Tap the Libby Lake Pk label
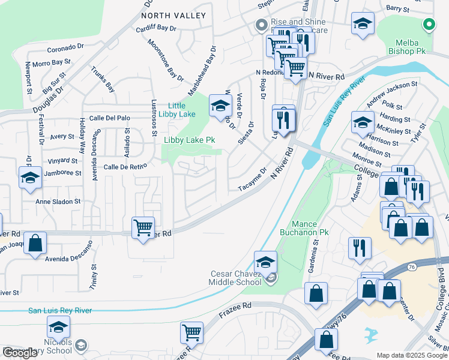click(x=190, y=140)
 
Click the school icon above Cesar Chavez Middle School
click(x=265, y=263)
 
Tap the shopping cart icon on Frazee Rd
click(x=191, y=332)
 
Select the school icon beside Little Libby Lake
click(x=220, y=107)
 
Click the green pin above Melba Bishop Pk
click(x=428, y=25)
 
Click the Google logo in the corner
click(x=20, y=353)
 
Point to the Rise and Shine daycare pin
click(x=261, y=25)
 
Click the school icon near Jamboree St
click(x=30, y=178)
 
